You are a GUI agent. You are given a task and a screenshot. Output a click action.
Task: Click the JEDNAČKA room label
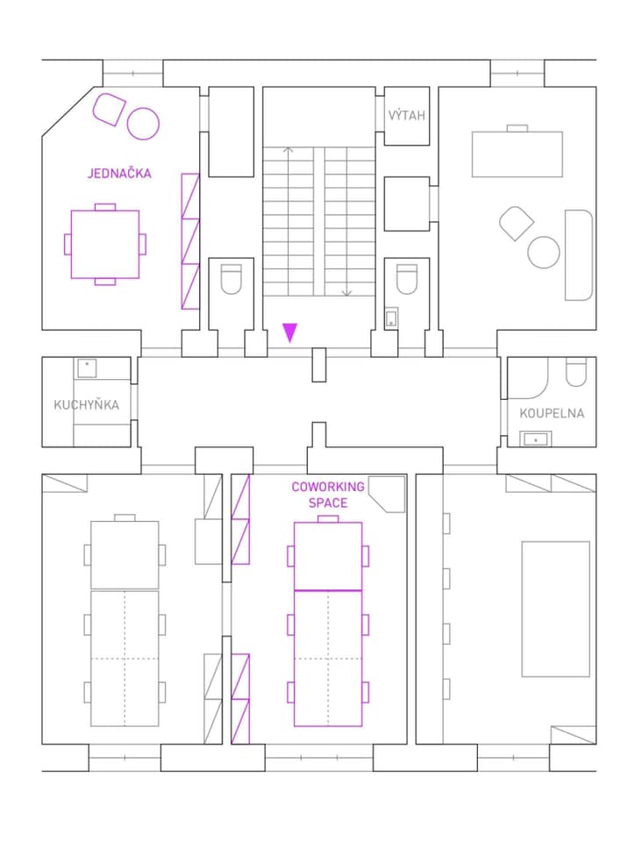tap(119, 173)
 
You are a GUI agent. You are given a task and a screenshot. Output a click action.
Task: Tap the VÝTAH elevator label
tap(407, 115)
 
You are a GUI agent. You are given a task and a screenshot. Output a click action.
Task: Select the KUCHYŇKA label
tap(87, 404)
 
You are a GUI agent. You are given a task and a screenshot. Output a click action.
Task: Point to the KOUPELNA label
tap(552, 413)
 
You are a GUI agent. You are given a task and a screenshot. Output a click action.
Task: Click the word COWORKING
tap(328, 487)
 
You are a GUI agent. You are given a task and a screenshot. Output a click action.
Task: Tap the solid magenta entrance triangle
tap(289, 332)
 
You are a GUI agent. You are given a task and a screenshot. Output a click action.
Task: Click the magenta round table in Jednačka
tap(143, 124)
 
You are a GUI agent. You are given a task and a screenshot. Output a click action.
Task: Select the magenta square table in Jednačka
tap(105, 245)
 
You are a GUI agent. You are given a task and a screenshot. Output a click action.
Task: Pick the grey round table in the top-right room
tap(544, 252)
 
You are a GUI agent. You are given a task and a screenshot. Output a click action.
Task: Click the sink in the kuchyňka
tap(87, 368)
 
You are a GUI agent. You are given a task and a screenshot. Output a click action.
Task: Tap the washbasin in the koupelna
tap(536, 439)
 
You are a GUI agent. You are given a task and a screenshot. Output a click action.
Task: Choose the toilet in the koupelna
tap(576, 372)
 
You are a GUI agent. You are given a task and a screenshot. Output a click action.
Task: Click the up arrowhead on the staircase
tap(289, 150)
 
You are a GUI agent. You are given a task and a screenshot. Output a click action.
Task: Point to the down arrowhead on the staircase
tap(346, 293)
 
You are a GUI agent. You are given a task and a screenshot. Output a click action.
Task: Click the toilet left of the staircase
tap(232, 279)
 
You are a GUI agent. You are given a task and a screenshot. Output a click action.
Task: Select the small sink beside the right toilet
tap(391, 317)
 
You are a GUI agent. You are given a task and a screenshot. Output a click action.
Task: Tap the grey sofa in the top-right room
tap(579, 255)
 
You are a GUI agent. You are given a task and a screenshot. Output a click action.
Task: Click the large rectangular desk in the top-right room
tap(517, 154)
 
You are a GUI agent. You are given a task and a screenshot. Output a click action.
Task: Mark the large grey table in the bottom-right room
tap(555, 609)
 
